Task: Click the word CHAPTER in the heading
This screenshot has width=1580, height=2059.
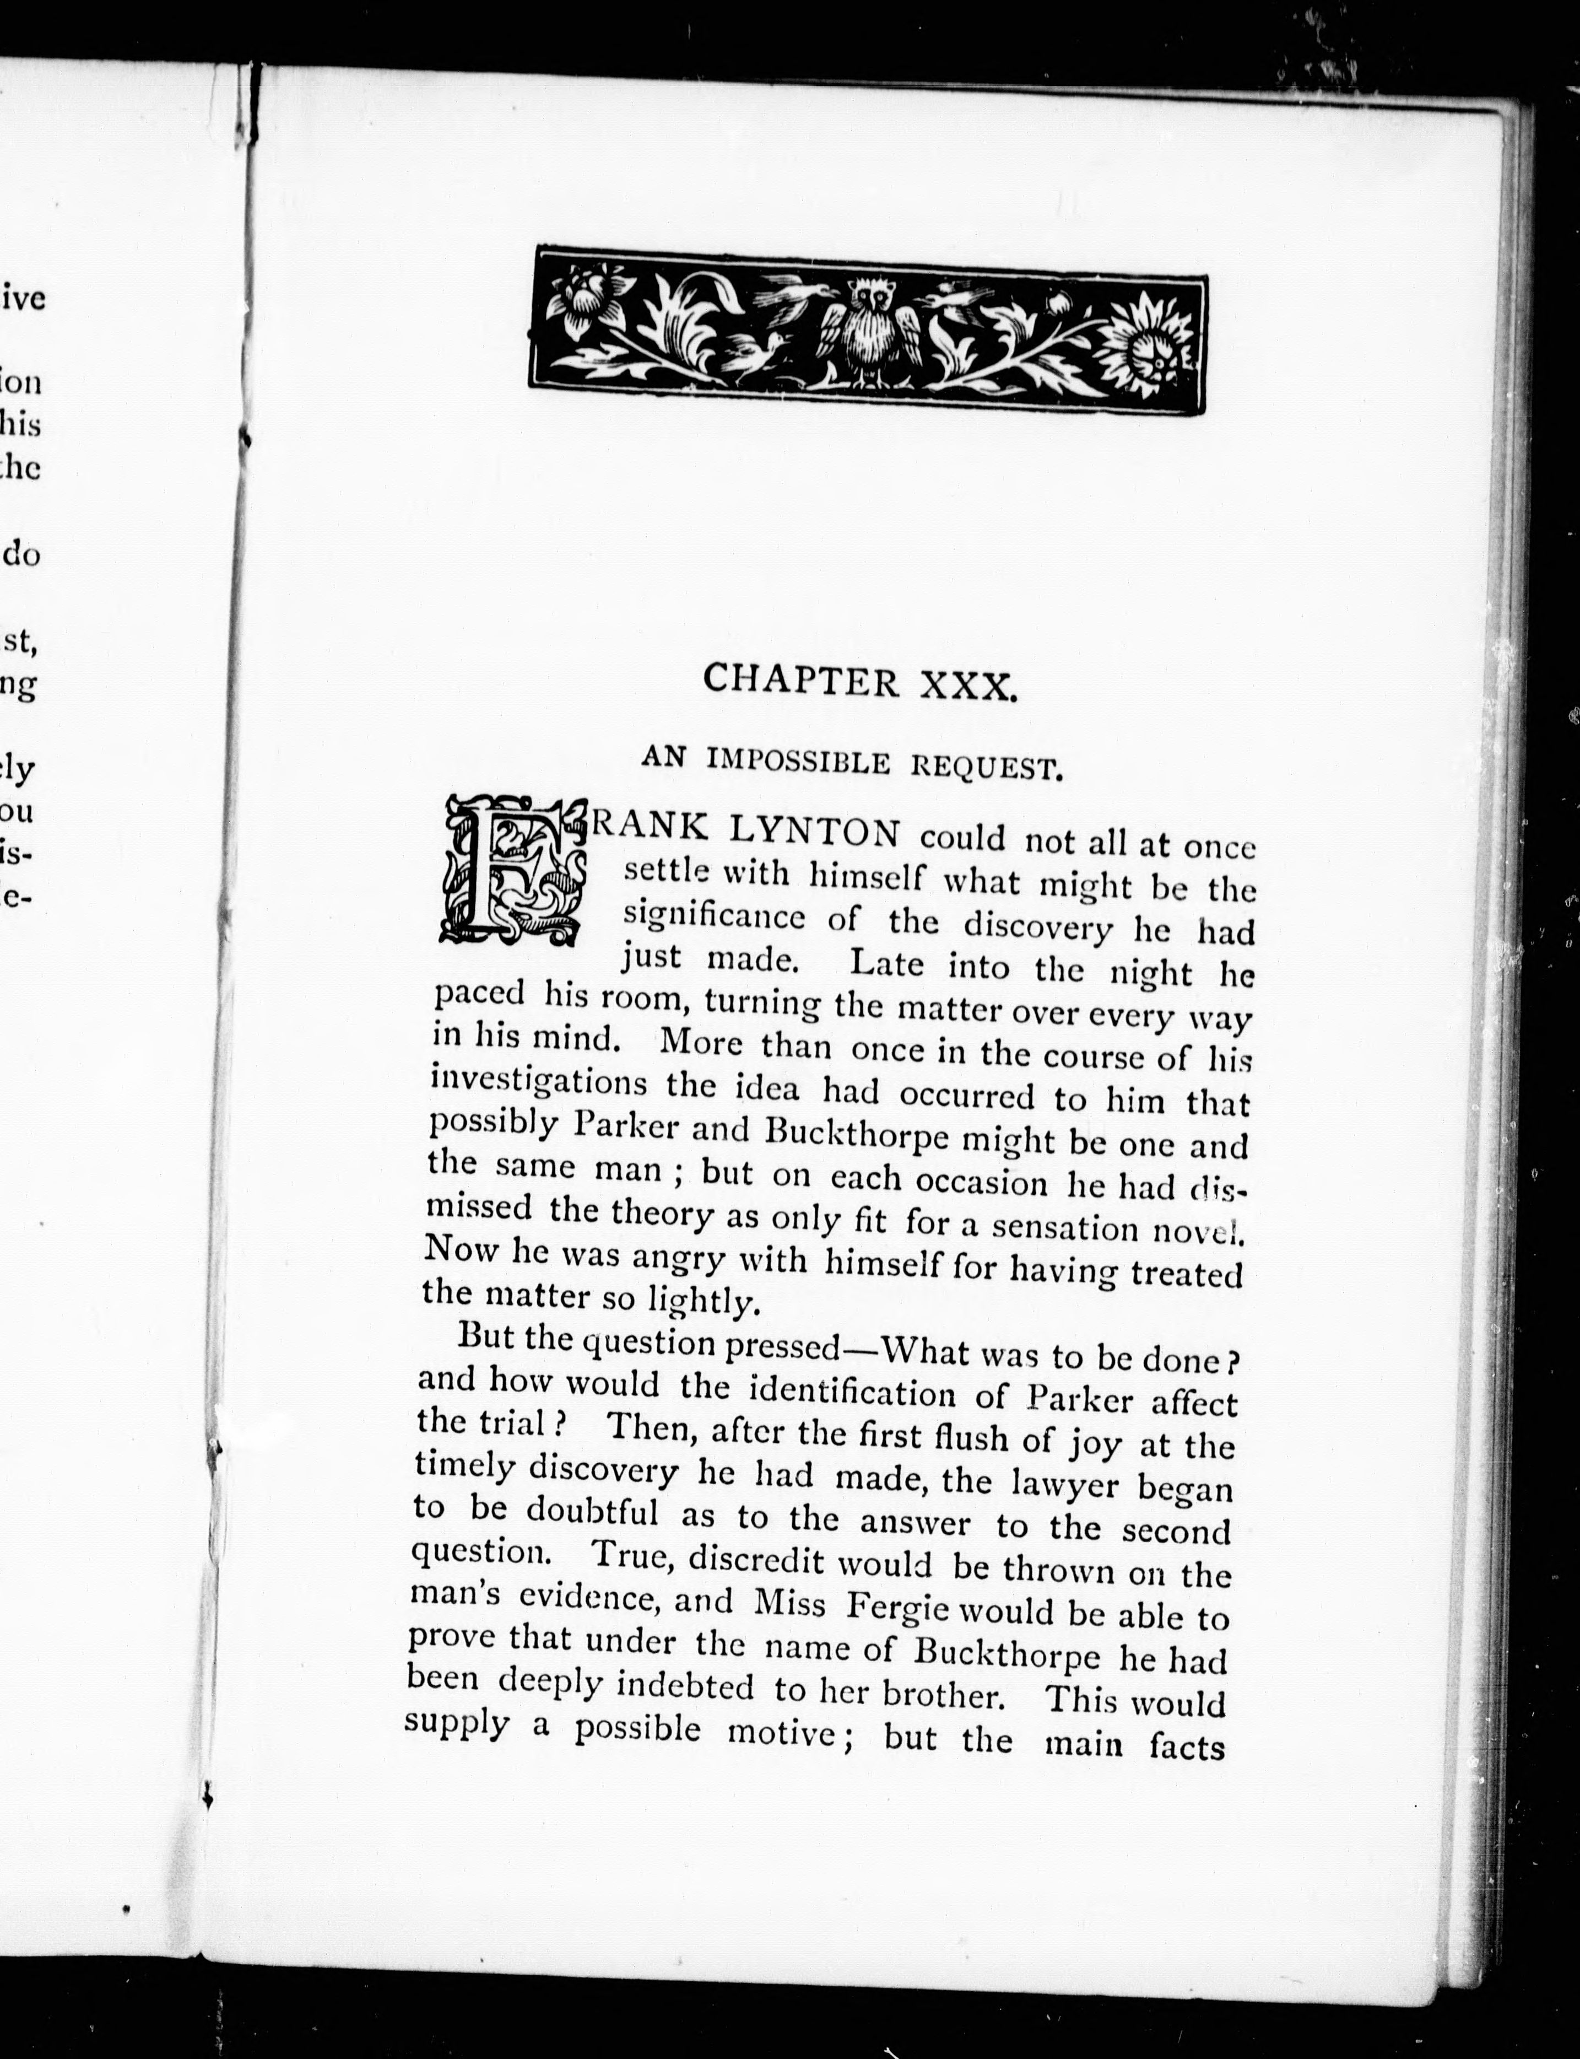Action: pyautogui.click(x=801, y=678)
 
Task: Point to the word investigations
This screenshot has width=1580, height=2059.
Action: pyautogui.click(x=538, y=1082)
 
